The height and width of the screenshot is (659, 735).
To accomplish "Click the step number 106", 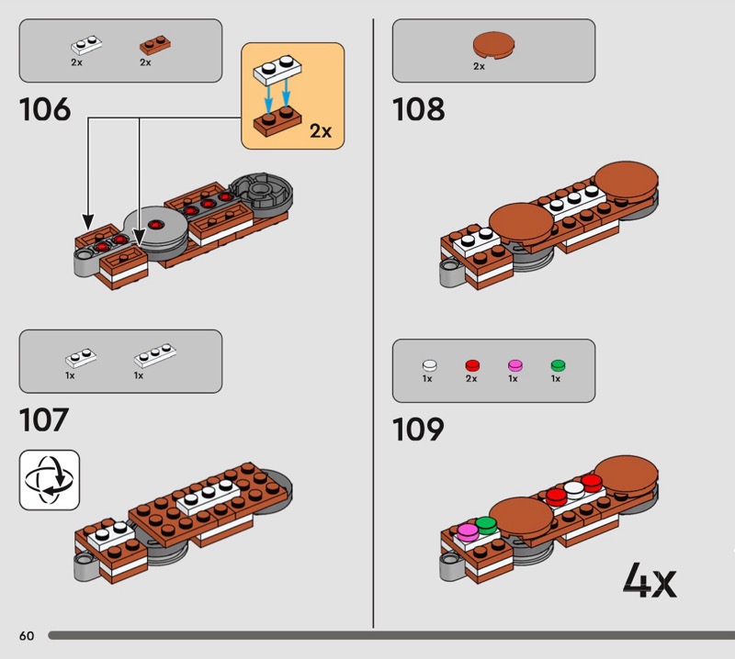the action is (45, 109).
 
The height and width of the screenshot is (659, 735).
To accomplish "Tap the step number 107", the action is (44, 419).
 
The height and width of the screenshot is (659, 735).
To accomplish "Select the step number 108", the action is (418, 109).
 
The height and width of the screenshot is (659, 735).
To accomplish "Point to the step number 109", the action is (418, 429).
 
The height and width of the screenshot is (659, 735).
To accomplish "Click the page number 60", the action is (27, 635).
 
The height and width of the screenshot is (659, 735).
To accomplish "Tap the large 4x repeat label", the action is (650, 580).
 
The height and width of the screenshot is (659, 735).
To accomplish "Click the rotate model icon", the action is (50, 480).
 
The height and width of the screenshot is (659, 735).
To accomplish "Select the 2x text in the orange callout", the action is (321, 131).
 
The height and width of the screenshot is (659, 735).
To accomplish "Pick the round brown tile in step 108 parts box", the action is (493, 45).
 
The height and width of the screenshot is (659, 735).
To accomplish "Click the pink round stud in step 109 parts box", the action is (515, 365).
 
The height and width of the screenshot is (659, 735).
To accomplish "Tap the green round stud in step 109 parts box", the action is (558, 365).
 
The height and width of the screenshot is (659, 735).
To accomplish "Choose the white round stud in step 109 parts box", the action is (429, 365).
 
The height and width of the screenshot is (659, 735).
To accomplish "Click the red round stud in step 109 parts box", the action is (472, 365).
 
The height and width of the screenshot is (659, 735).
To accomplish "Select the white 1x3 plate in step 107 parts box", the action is (155, 355).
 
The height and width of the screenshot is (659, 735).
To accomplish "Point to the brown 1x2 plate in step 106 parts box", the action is (155, 45).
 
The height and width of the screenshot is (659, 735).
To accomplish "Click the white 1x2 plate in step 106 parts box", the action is (86, 45).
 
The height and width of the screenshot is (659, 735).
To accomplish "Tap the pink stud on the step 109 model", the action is (468, 532).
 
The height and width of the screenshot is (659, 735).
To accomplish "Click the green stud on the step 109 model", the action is (486, 525).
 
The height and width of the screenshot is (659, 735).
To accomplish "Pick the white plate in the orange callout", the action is (277, 71).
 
